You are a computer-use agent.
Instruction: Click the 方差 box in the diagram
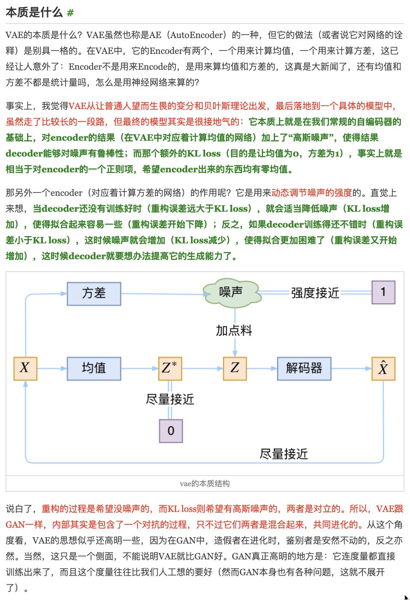(94, 293)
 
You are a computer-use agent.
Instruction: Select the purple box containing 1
(383, 293)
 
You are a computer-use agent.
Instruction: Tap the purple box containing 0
(171, 431)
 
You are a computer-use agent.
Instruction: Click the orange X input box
(25, 368)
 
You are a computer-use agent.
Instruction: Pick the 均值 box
(94, 368)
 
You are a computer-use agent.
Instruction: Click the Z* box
(170, 368)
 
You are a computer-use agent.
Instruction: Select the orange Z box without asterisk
(235, 368)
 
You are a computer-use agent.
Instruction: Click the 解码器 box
(304, 368)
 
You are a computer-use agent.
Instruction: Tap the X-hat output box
(383, 368)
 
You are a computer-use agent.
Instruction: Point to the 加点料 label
(234, 331)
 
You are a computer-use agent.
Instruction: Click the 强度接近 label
(315, 293)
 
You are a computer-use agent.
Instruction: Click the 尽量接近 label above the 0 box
(170, 399)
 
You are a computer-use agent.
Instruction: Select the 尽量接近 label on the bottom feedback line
(284, 454)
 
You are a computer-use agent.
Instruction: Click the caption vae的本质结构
(205, 484)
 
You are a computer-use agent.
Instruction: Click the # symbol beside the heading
(70, 13)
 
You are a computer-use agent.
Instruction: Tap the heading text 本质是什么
(34, 12)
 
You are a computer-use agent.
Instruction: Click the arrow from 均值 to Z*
(140, 368)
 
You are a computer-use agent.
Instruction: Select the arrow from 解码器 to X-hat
(351, 368)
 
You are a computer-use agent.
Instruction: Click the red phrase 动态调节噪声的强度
(311, 193)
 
